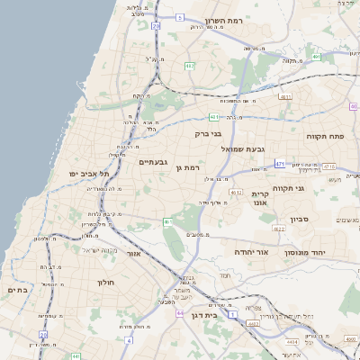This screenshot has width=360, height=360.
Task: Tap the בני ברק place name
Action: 208,133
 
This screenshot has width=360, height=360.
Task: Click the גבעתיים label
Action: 153,162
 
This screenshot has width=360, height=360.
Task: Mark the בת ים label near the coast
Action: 17,290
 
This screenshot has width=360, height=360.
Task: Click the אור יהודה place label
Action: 252,253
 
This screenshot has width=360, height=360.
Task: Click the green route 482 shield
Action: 190,66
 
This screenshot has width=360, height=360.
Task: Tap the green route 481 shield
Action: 213,117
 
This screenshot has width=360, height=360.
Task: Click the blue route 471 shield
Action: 280,164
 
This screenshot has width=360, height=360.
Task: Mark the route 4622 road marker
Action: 279,229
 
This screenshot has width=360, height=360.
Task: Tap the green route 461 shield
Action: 167,221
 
